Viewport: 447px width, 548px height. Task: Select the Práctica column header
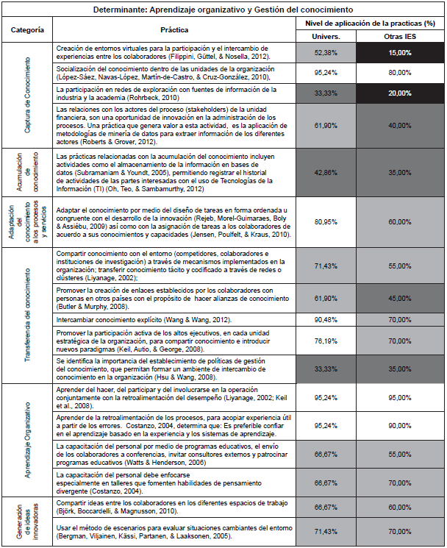[x=174, y=30]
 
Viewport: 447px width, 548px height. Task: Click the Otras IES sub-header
[x=398, y=35]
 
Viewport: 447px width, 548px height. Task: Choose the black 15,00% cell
[x=398, y=52]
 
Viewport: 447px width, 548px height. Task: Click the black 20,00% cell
[x=398, y=93]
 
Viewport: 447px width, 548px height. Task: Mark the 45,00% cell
[x=398, y=298]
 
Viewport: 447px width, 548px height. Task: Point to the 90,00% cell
[x=398, y=425]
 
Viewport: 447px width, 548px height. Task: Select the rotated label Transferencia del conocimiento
[x=27, y=314]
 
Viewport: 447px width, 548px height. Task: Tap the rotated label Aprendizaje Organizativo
[x=27, y=440]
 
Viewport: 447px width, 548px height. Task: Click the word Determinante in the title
[x=124, y=10]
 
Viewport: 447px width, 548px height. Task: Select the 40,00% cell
[x=398, y=126]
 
